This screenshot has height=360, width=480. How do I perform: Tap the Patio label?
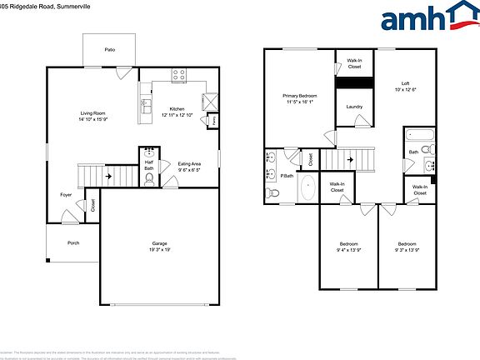[x=110, y=50]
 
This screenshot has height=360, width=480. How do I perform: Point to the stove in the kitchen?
[x=178, y=75]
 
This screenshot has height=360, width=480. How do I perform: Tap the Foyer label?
[x=66, y=195]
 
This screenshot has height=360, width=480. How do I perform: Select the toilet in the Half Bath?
[x=150, y=178]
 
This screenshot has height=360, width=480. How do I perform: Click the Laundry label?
[x=352, y=107]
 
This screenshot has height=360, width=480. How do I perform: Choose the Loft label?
[x=404, y=83]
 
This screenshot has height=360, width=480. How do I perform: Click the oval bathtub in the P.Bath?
[x=307, y=187]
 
